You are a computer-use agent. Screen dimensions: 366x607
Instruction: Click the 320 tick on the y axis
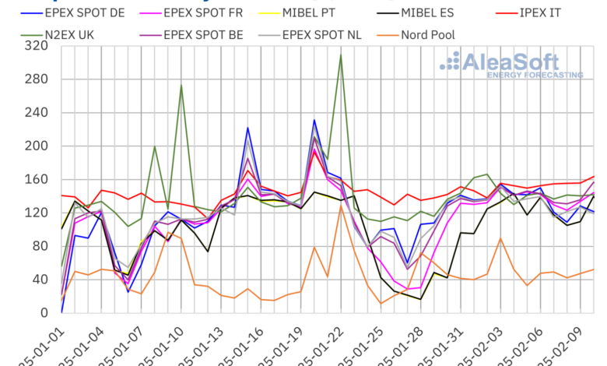pos(36,46)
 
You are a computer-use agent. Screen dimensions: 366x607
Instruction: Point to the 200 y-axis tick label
pos(36,146)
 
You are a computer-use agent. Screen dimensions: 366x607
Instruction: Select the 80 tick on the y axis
pos(39,246)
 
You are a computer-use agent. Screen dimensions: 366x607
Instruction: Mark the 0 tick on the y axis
pos(43,313)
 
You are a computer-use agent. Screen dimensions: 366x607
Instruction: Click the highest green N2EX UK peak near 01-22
pos(341,55)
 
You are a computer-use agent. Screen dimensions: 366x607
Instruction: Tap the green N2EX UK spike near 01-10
pos(181,86)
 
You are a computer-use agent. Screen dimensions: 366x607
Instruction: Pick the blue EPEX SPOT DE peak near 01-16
pos(247,128)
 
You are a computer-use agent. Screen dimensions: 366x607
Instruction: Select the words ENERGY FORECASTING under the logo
pos(535,75)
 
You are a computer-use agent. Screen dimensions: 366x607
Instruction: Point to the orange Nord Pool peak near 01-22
pos(341,206)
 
